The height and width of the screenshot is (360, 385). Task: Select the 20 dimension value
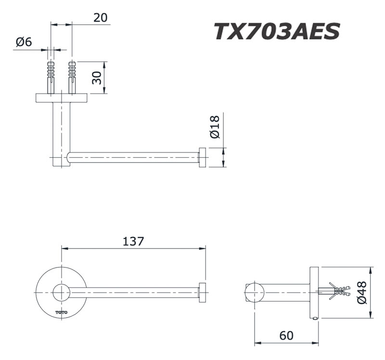click(100, 18)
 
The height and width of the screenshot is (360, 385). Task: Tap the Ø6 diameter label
click(24, 42)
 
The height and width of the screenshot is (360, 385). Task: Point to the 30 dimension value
click(97, 77)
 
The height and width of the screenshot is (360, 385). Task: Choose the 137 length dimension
click(133, 241)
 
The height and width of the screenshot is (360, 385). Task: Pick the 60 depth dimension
click(286, 335)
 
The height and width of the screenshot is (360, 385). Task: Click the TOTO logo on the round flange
click(61, 312)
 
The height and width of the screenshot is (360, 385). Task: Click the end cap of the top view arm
click(203, 158)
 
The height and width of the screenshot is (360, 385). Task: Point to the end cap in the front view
click(203, 292)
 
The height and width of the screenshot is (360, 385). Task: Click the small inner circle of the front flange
click(61, 292)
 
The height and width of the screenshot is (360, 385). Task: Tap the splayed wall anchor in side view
click(337, 291)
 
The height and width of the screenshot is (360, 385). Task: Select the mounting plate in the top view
click(61, 98)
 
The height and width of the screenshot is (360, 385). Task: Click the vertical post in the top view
click(61, 130)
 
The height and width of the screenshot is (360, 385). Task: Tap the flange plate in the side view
click(315, 292)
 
